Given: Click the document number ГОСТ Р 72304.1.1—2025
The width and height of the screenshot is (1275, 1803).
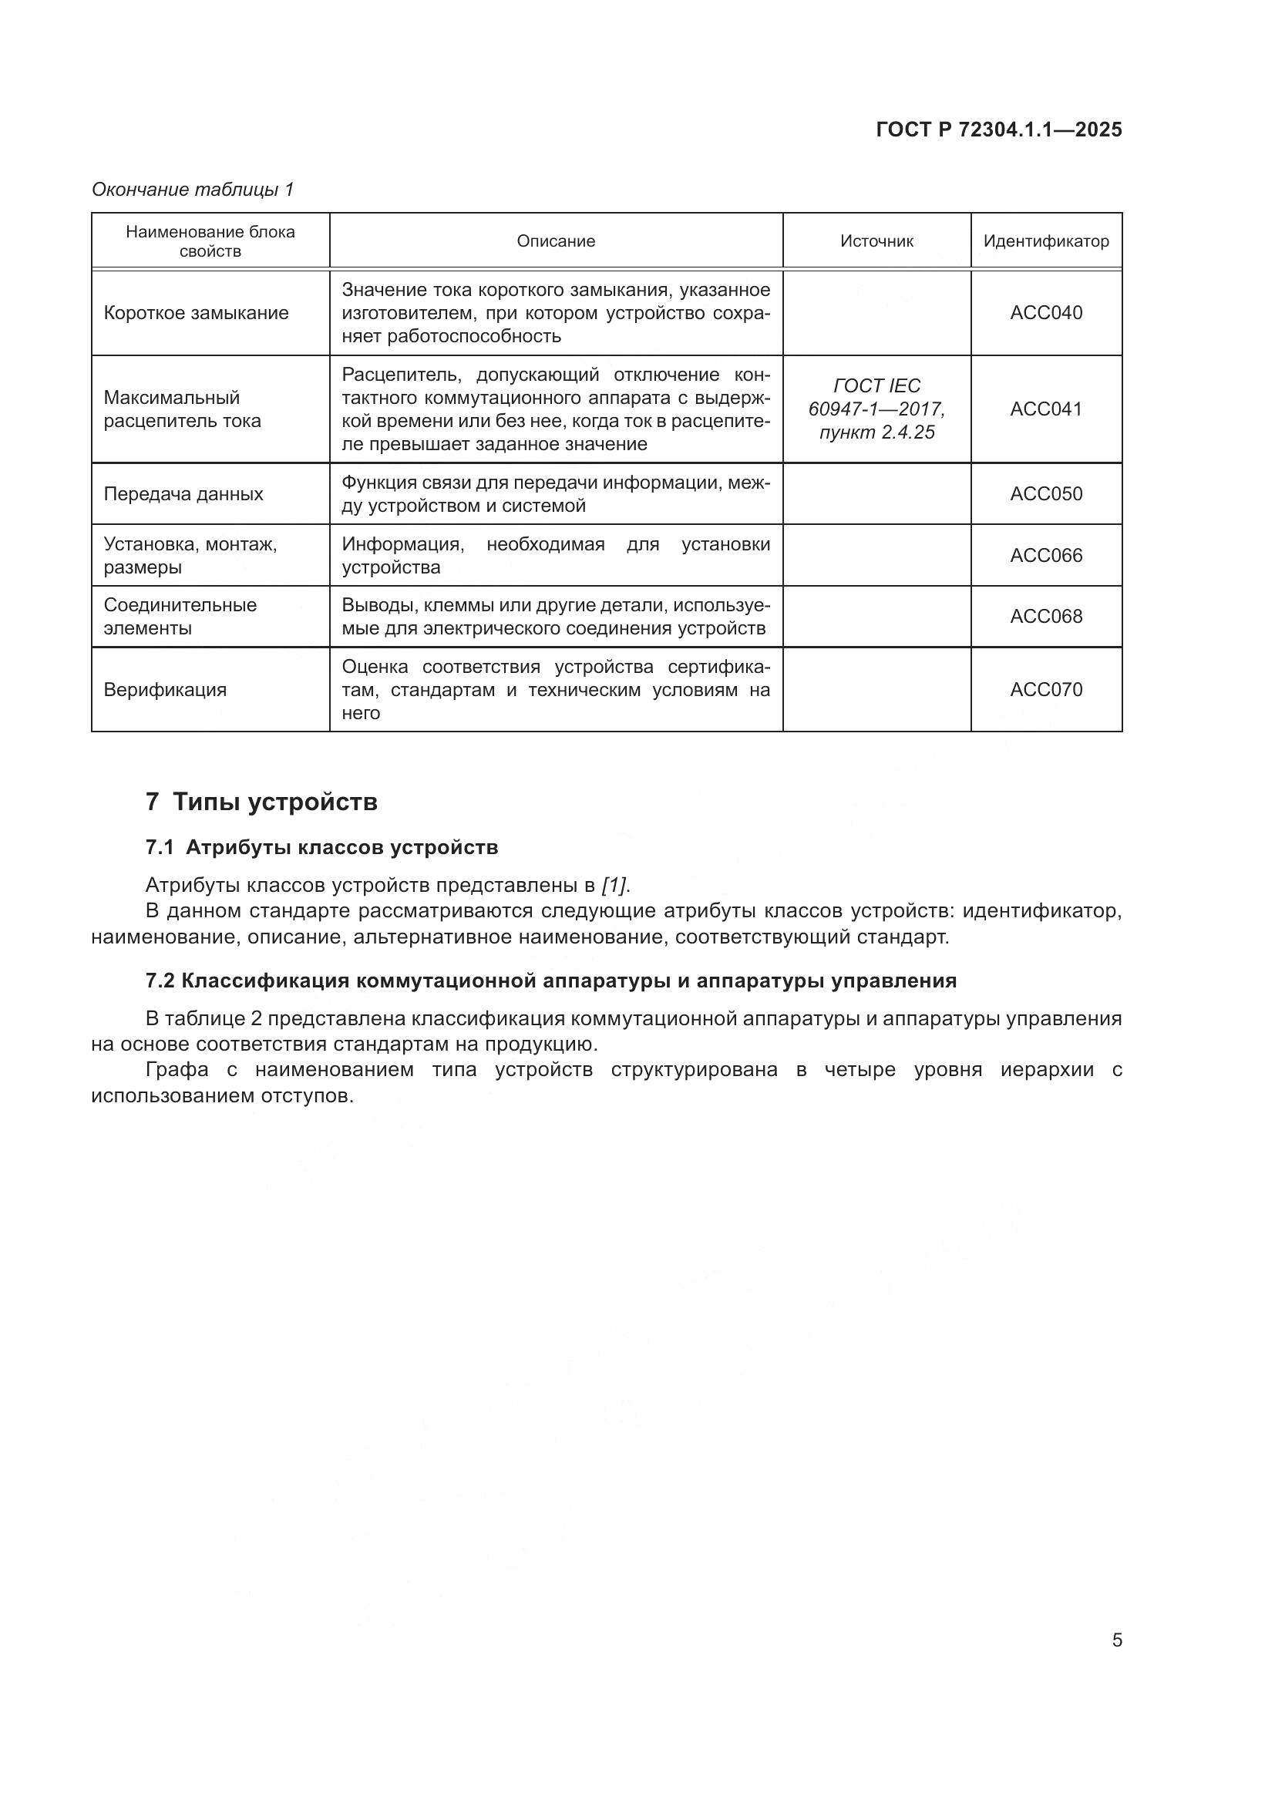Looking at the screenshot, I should click(x=998, y=130).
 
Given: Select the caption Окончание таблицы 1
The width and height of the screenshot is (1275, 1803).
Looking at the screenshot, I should click(x=193, y=190).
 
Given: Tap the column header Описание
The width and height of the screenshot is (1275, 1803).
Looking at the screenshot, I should click(x=556, y=241).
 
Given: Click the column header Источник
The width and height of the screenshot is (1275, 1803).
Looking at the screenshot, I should click(x=876, y=241).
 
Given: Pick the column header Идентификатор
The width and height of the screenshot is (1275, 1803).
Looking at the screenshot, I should click(x=1046, y=241).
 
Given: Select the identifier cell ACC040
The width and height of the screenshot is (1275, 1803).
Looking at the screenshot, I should click(x=1046, y=313).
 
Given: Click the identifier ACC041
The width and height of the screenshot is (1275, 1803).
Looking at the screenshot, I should click(x=1046, y=409).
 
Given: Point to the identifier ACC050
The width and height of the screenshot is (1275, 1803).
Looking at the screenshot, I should click(x=1046, y=494).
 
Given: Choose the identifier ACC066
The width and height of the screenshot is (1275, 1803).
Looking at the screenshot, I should click(x=1046, y=556).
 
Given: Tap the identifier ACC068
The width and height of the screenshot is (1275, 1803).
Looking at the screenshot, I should click(x=1046, y=617).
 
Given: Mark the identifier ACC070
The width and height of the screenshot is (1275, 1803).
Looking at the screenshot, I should click(x=1046, y=689).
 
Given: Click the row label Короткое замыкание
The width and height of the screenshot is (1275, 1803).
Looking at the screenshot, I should click(x=197, y=313).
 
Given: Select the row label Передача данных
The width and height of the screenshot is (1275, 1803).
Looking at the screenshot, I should click(x=183, y=494).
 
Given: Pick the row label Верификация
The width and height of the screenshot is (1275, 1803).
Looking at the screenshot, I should click(x=165, y=689).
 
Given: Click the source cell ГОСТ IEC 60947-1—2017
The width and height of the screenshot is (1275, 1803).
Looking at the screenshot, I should click(x=876, y=409).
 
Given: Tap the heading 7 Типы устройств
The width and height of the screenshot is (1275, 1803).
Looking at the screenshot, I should click(x=261, y=802).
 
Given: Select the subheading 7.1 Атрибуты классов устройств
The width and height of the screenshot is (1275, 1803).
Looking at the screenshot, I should click(x=322, y=848).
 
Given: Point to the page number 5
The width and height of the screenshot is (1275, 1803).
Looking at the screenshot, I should click(x=1117, y=1640).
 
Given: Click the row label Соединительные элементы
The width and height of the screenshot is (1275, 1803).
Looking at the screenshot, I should click(x=180, y=617).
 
